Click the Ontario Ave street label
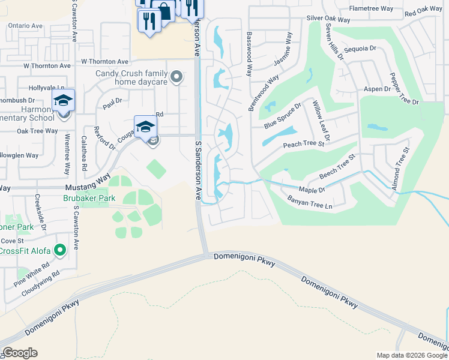coord(25,26)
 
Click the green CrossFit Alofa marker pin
coord(59,250)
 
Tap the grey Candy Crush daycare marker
coord(176,76)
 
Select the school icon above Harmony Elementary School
coord(62,100)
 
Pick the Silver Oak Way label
coord(328,19)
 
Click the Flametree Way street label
coord(371,9)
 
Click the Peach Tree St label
coord(303,144)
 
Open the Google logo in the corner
coord(20,353)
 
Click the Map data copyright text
coord(411,355)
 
